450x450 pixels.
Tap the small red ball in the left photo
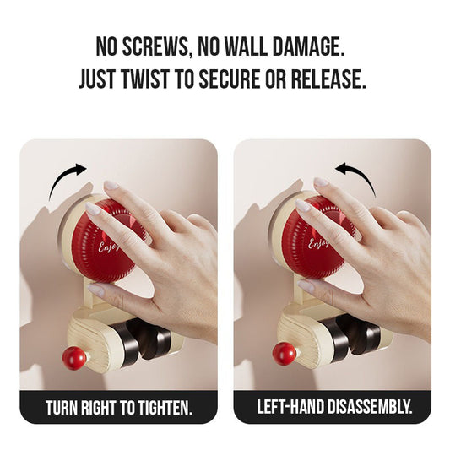(x=74, y=358)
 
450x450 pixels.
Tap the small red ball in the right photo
(x=285, y=354)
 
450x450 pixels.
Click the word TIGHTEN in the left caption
(x=165, y=407)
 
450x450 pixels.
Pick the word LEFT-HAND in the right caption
(x=290, y=406)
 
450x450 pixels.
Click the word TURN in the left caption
(x=62, y=407)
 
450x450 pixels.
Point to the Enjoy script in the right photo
(x=318, y=244)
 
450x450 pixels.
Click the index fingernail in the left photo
(x=92, y=208)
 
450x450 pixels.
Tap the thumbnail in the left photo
(x=96, y=290)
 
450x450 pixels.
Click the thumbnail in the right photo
(x=306, y=287)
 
